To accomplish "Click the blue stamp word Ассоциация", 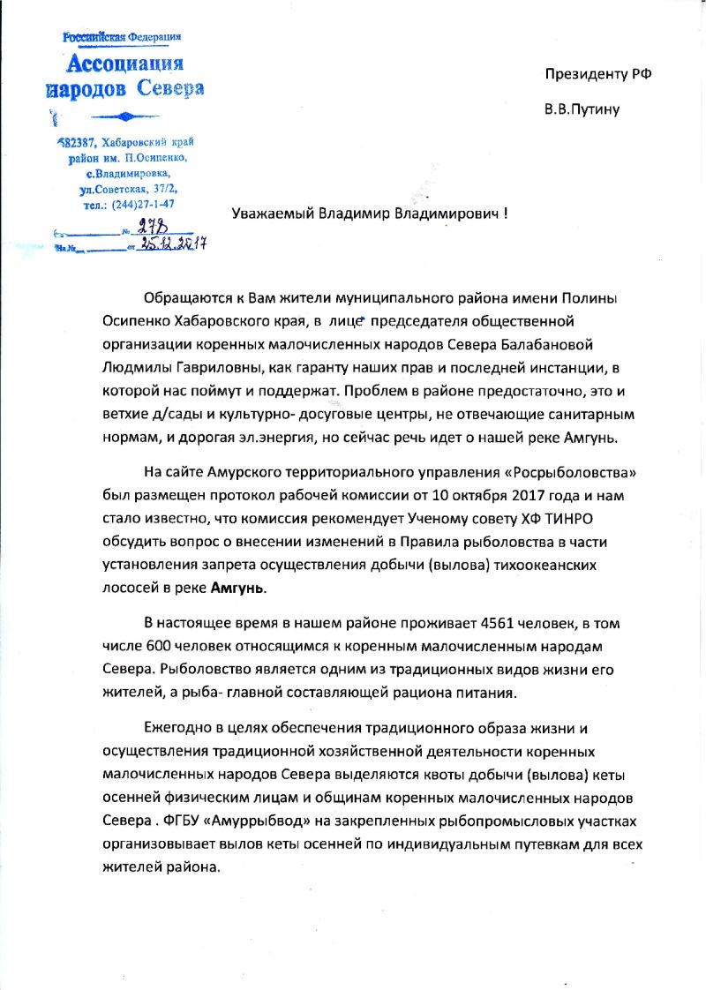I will pos(125,64).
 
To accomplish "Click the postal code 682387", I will pos(76,143).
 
